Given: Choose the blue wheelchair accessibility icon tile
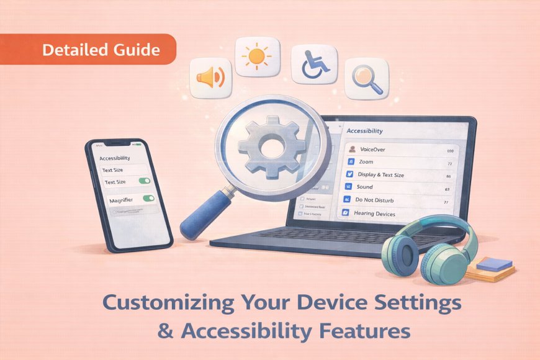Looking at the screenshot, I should coord(311,65).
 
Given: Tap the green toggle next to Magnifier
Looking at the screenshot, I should coord(148,199).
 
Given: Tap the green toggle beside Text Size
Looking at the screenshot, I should coord(144,181).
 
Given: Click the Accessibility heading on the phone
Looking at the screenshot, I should coord(115,158).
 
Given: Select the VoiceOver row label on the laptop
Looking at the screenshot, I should coord(372,150).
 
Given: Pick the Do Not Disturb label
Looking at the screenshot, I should coord(374,200).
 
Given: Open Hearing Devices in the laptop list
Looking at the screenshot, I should coord(374,214).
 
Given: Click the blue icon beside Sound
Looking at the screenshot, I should coord(349,187).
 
